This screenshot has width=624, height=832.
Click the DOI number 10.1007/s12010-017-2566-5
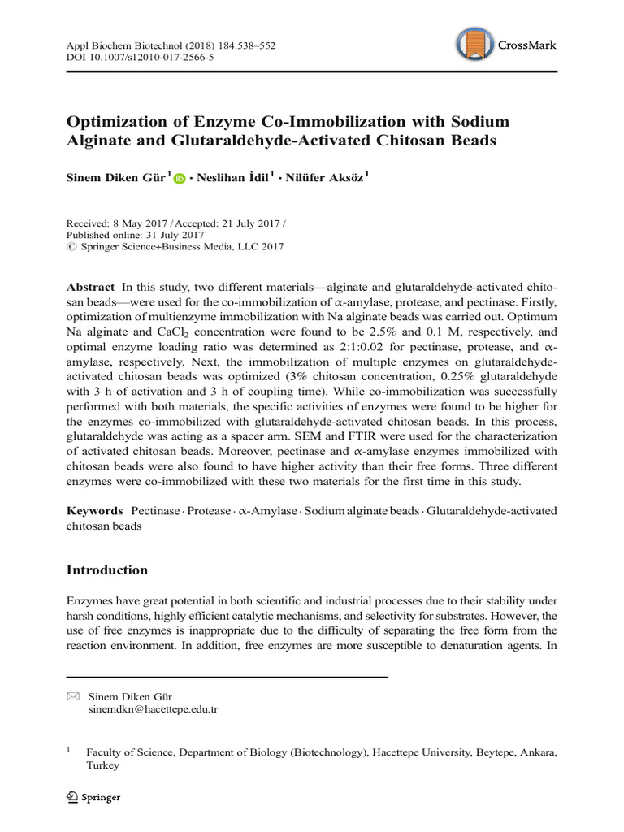[150, 59]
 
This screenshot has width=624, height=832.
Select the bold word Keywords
[93, 510]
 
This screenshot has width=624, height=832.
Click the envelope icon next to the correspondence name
[72, 696]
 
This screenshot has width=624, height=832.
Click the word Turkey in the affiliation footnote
[102, 765]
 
